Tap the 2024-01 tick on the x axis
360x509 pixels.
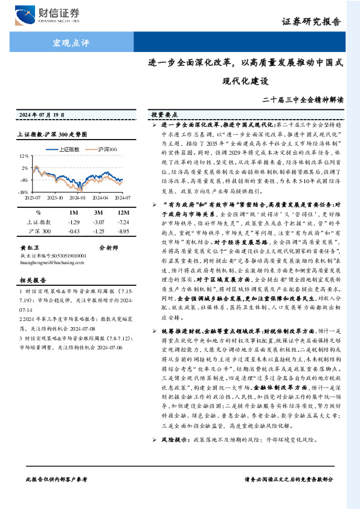tap(77, 196)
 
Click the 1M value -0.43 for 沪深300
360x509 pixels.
tap(74, 231)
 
